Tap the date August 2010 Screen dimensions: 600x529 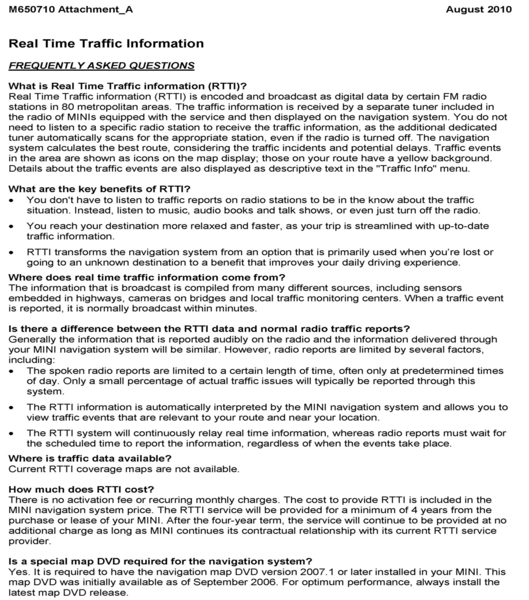click(x=479, y=10)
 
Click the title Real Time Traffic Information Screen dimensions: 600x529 click(x=106, y=44)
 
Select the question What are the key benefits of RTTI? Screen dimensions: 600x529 click(x=99, y=189)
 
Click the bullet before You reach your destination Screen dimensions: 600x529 click(x=11, y=227)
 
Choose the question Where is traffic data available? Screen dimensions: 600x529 click(x=90, y=458)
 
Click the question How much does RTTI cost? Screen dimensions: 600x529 click(x=81, y=489)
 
